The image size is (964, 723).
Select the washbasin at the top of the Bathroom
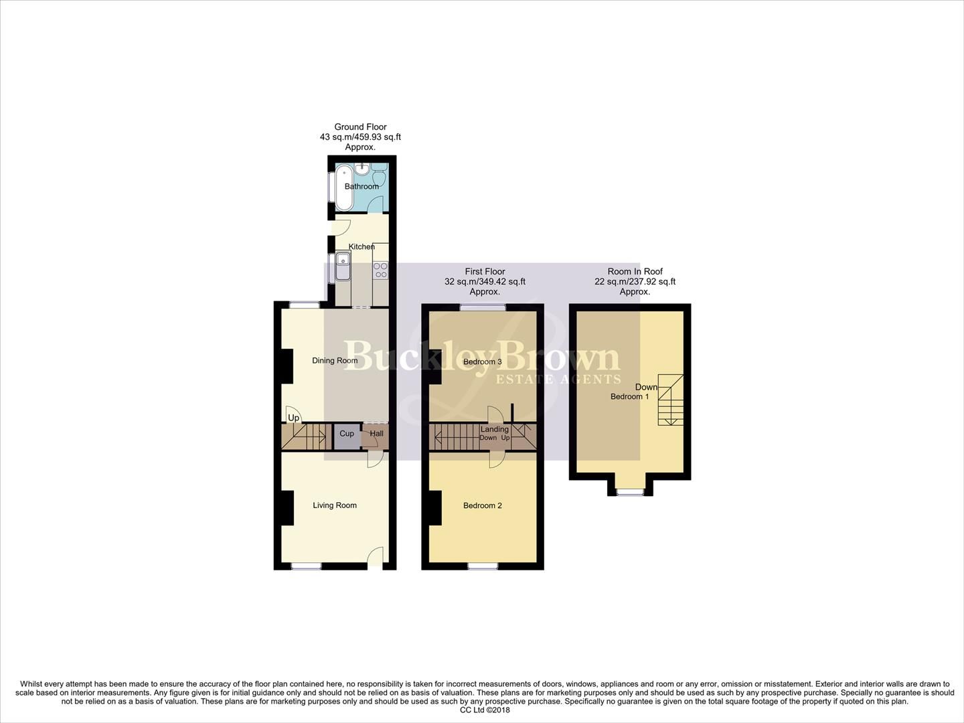[362, 168]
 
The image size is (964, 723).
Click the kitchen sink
[343, 266]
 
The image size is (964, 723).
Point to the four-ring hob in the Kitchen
[380, 270]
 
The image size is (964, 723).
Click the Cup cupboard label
[347, 434]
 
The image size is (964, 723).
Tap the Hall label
[377, 434]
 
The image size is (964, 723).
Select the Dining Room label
[335, 361]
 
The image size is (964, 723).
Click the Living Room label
[335, 505]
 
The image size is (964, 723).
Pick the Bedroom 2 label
[483, 505]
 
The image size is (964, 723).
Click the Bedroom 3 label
[483, 362]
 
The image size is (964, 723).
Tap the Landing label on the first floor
[495, 429]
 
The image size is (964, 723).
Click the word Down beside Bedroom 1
[647, 387]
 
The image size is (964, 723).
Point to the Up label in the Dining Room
[293, 418]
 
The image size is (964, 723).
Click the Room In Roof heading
[635, 271]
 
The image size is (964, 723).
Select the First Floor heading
[485, 271]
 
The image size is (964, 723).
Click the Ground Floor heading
[360, 127]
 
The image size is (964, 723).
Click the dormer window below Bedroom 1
[630, 492]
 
